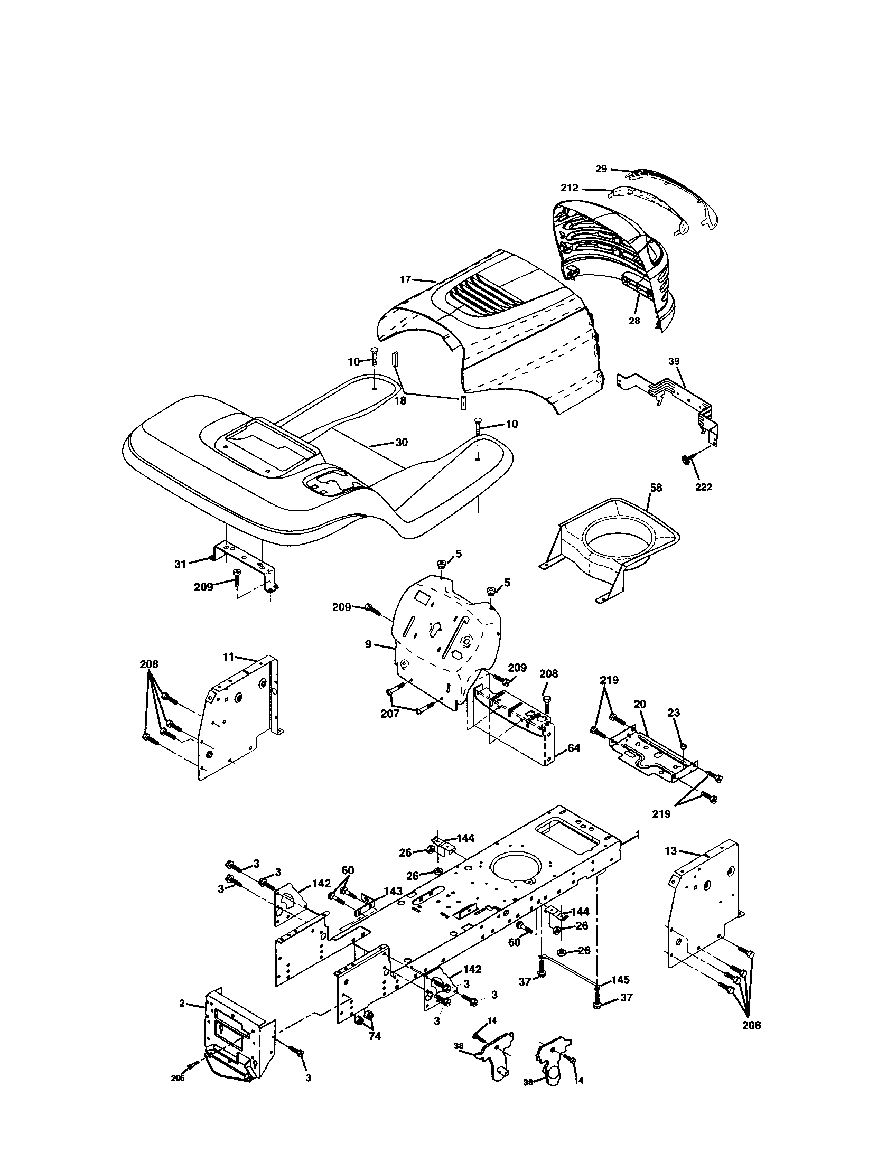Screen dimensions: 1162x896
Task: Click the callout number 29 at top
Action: pos(601,168)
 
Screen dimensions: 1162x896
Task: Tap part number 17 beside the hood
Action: pos(405,279)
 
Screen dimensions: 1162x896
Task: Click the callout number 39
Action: pos(674,361)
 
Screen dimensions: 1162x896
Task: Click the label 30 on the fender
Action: pos(402,442)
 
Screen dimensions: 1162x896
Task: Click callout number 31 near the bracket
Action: pos(180,564)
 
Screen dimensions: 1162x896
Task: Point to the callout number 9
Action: pos(368,645)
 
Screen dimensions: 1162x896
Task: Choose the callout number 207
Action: pos(389,714)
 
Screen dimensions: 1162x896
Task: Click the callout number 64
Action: pos(574,747)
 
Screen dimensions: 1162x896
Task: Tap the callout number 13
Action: pos(671,851)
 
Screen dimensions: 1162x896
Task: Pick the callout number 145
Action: pos(620,979)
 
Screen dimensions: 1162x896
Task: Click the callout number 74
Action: pos(375,1036)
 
